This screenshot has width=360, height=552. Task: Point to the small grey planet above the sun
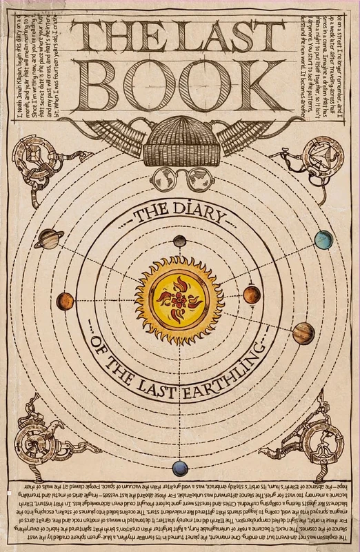[180, 241]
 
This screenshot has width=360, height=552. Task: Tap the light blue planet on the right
[323, 239]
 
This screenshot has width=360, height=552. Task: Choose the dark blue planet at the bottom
[180, 469]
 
